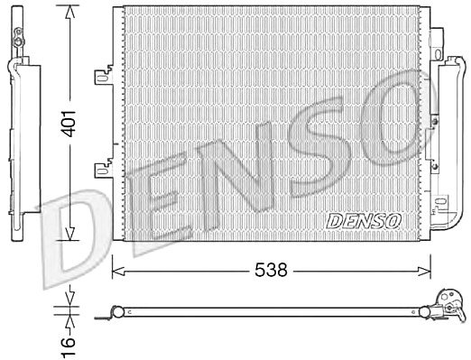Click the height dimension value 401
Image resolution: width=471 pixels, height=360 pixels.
[x=69, y=124]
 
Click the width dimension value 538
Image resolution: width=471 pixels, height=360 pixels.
[x=271, y=270]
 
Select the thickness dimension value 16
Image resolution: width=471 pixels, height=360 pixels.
[x=69, y=346]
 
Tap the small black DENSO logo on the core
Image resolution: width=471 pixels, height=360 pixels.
[x=364, y=221]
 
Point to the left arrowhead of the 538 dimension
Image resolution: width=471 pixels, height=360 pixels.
[x=118, y=271]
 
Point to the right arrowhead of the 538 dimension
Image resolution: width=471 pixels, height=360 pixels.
[x=425, y=271]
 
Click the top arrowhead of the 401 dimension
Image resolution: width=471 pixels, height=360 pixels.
[x=69, y=12]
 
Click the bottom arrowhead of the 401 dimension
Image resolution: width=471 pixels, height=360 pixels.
[x=69, y=234]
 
